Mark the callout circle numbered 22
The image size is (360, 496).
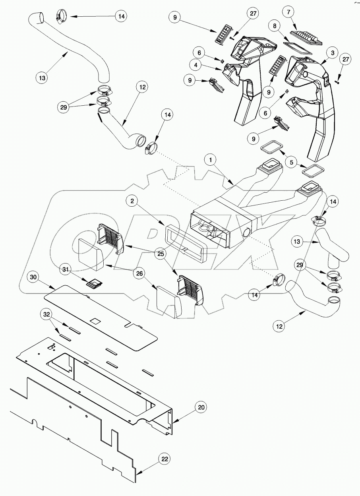(x=165, y=459)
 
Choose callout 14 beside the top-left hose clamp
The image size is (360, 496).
(x=121, y=16)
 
